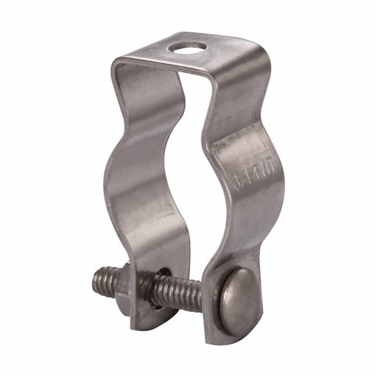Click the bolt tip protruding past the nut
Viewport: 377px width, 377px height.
coord(102,280)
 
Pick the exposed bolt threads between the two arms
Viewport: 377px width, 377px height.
coord(180,291)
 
